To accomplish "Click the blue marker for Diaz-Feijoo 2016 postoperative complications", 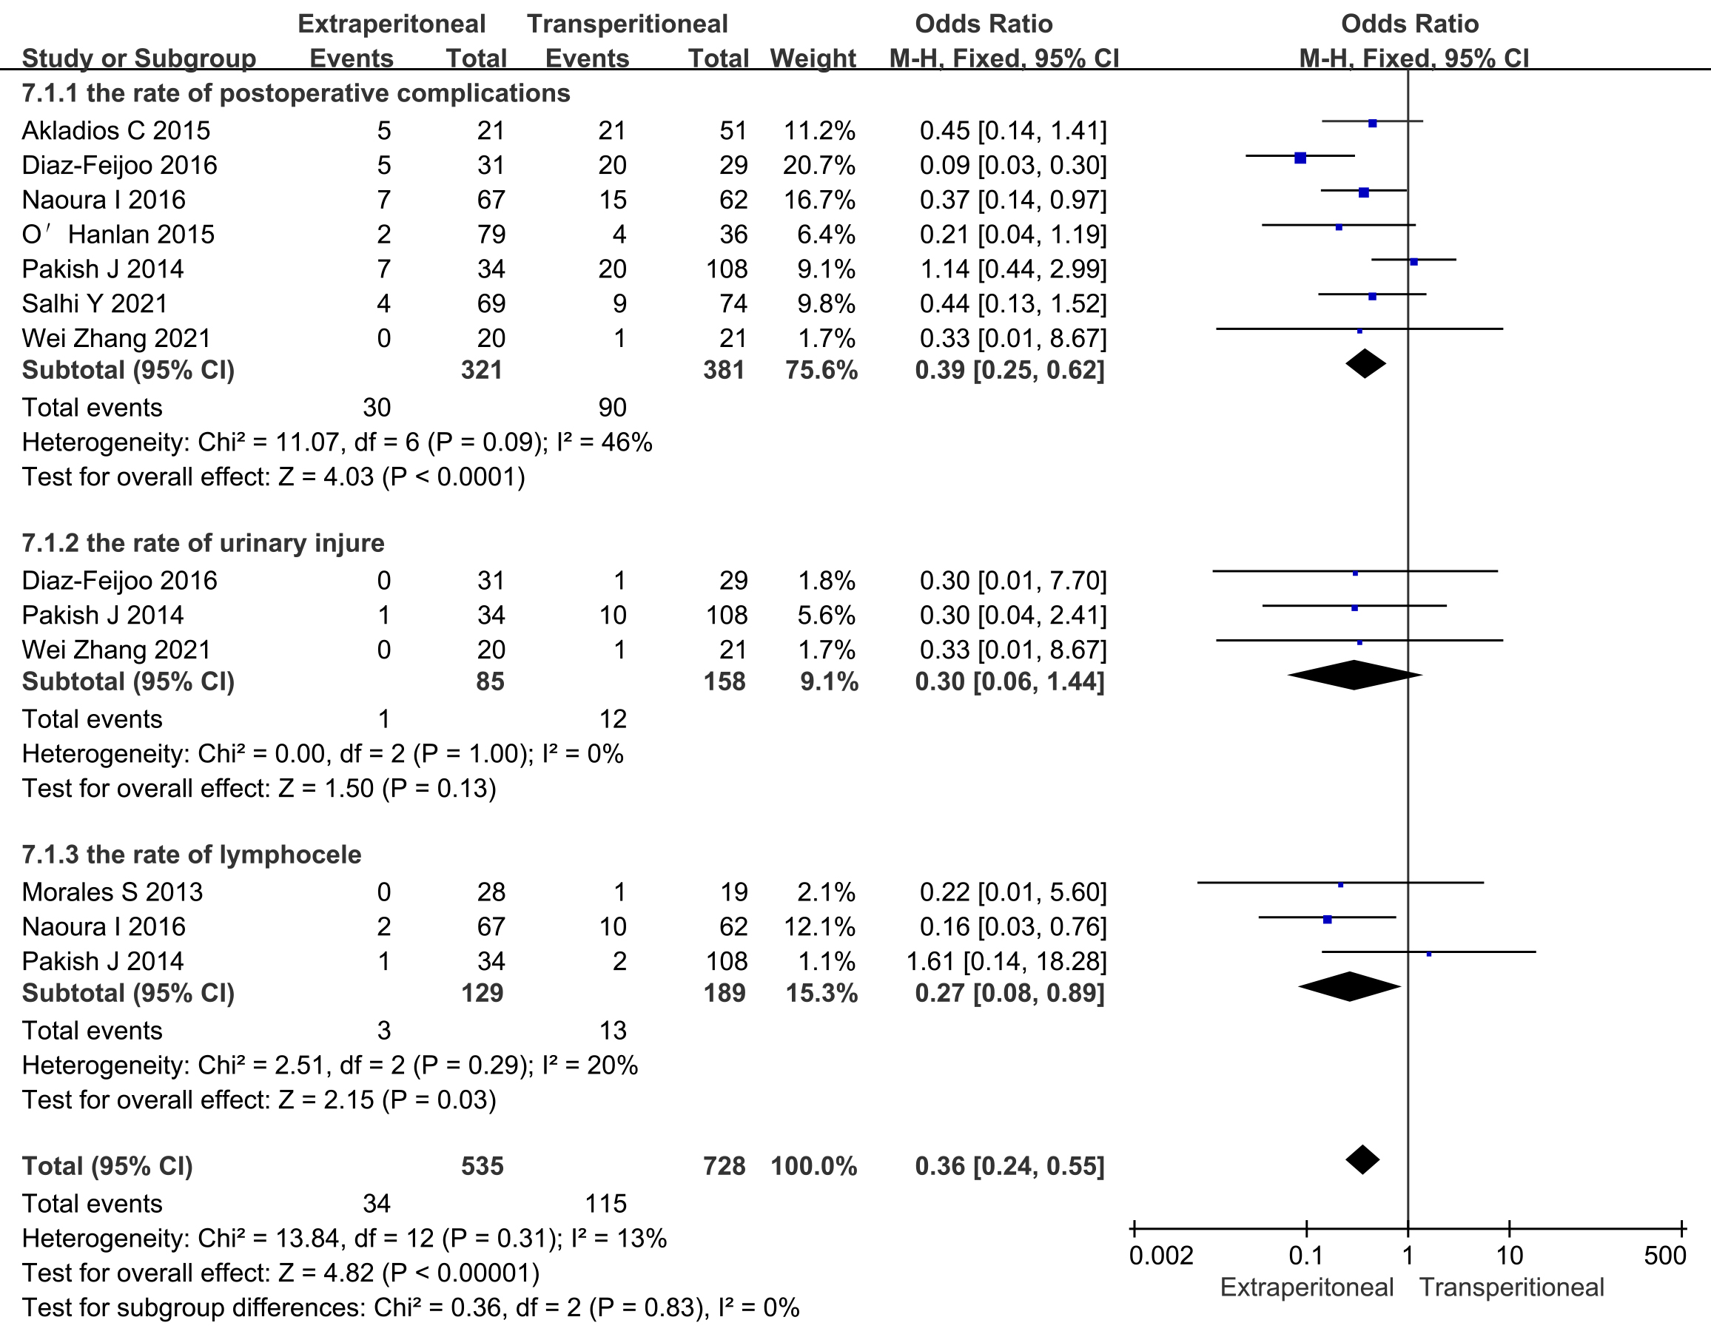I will click(x=1300, y=158).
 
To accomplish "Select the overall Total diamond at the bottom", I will click(x=1362, y=1160).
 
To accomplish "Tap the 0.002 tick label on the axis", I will click(x=1161, y=1256).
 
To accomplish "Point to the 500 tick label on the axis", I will click(x=1665, y=1256).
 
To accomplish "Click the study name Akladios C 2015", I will click(x=116, y=130).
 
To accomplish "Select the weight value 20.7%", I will click(x=818, y=165).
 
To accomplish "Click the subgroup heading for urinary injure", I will click(x=203, y=543).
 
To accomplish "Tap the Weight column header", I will click(x=813, y=58).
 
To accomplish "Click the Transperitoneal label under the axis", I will click(x=1512, y=1287).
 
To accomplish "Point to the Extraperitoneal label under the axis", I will click(x=1307, y=1287).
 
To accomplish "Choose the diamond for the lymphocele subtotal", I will click(x=1349, y=986).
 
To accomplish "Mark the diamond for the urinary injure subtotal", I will click(x=1354, y=675).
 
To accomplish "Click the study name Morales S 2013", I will click(x=112, y=892).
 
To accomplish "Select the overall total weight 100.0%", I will click(x=813, y=1166).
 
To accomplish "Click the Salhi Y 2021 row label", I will click(x=95, y=303).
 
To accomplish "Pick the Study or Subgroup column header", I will click(x=138, y=58).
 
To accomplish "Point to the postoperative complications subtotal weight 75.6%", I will click(x=821, y=370).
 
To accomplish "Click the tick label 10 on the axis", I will click(x=1510, y=1256).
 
